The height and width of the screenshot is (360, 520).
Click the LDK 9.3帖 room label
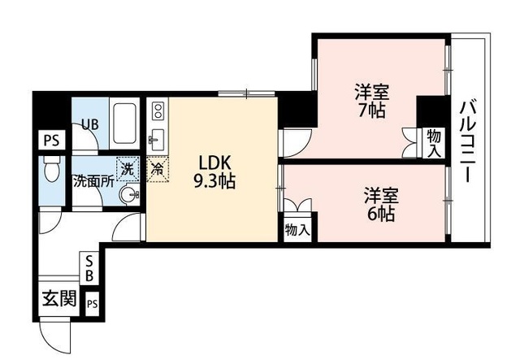pos(214,172)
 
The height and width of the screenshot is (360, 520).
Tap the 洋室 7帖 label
pos(372,102)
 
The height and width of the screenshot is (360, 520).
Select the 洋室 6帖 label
pos(381,205)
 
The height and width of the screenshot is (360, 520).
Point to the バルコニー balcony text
pos(468,142)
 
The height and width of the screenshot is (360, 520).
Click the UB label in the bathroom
pos(90,124)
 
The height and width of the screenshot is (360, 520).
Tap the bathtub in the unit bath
pos(124,123)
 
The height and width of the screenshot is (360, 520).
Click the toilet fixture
pos(51,169)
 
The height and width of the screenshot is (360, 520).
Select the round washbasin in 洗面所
pos(129,193)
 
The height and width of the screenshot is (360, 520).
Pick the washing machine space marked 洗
pos(128,169)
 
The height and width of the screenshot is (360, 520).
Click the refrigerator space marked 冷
pos(158,170)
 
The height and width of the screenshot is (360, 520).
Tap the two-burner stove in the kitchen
pos(158,111)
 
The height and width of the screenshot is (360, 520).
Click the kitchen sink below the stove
pos(157,140)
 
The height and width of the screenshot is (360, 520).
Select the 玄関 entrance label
pos(59,298)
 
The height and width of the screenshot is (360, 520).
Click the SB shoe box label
pos(89,268)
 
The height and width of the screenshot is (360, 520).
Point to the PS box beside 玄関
pos(93,304)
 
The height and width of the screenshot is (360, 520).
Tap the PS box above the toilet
pos(52,141)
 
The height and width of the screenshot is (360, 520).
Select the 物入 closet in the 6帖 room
pos(297,229)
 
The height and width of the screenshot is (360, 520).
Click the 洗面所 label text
pos(94,182)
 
